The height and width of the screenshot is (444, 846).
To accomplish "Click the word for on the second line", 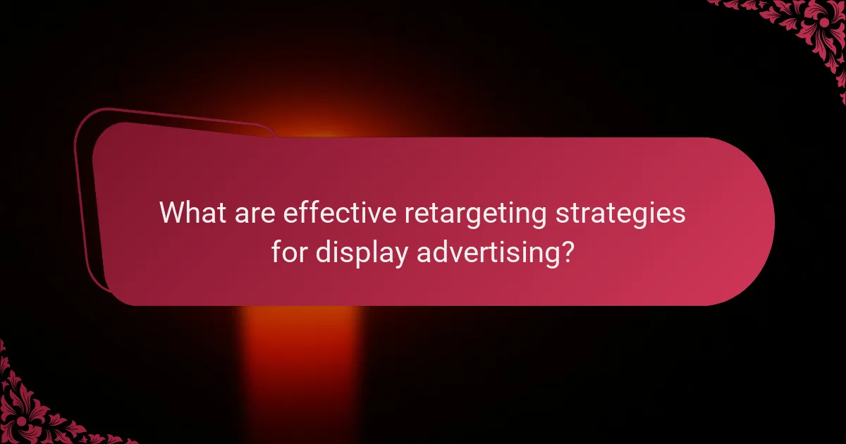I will [289, 252].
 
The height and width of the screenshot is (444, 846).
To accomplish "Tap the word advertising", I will [487, 253].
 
